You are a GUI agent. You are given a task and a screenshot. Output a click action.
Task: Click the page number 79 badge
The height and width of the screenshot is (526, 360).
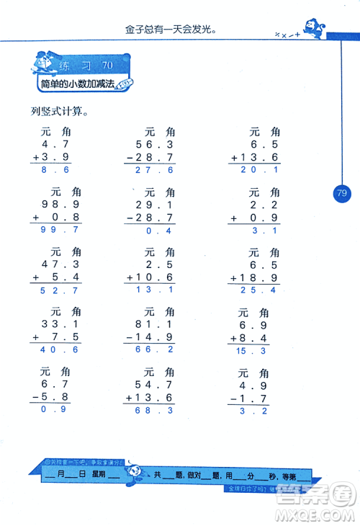341,193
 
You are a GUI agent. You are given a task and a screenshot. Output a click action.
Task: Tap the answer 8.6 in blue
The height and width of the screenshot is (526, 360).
55,171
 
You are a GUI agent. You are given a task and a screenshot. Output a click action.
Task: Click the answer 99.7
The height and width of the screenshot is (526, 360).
55,231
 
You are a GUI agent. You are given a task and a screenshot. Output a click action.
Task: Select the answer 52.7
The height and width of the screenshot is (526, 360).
55,290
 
